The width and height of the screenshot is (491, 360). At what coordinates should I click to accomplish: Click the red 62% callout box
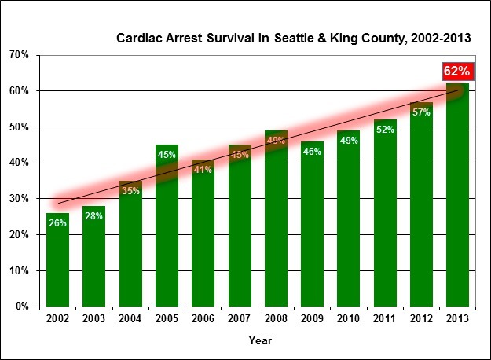point(456,72)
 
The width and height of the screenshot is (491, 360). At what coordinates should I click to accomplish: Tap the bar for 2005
point(167,236)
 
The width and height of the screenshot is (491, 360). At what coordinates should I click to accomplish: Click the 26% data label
point(57,223)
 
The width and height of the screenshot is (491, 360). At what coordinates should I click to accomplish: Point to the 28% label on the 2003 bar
point(93,216)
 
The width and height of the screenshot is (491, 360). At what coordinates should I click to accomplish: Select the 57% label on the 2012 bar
point(421,112)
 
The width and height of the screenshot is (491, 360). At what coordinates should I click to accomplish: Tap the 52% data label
point(385,130)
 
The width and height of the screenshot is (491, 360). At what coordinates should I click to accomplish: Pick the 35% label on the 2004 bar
point(130,191)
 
